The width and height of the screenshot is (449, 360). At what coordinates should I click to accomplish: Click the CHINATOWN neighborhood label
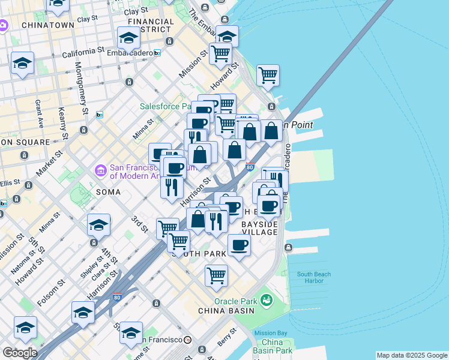48,25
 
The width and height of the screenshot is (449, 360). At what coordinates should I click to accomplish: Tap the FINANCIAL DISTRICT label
151,25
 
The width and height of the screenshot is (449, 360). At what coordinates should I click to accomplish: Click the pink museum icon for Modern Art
100,172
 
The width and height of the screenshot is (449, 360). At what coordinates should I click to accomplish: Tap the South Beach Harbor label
313,278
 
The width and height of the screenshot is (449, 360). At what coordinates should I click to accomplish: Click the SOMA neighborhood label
107,192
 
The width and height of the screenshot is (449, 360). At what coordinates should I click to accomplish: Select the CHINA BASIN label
227,311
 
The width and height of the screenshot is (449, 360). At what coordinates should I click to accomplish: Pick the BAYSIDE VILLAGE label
259,228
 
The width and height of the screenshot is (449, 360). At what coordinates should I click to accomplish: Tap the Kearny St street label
61,120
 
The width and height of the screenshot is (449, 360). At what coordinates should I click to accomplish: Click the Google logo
19,353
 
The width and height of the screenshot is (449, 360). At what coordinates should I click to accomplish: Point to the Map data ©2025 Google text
412,355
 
